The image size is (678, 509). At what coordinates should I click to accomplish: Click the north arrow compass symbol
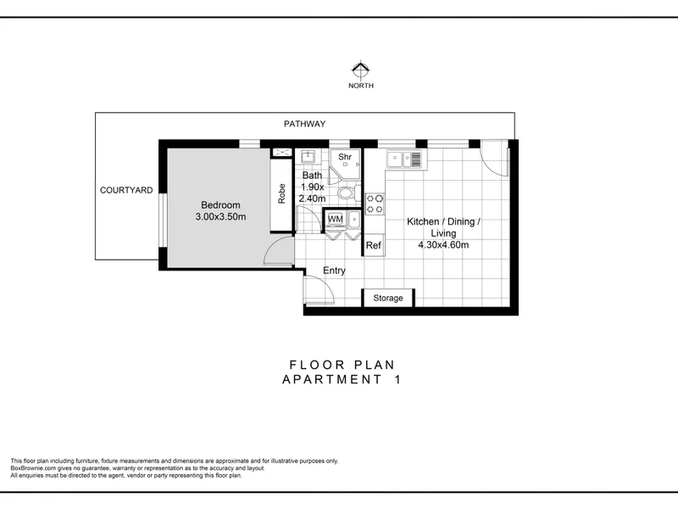pyautogui.click(x=361, y=70)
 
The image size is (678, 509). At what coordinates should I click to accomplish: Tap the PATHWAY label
pyautogui.click(x=304, y=124)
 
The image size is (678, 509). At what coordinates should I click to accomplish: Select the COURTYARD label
pyautogui.click(x=126, y=190)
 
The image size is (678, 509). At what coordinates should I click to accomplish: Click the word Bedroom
pyautogui.click(x=220, y=204)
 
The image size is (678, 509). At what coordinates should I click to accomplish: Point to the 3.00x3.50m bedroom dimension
pyautogui.click(x=220, y=217)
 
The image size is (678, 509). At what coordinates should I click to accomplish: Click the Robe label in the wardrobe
pyautogui.click(x=281, y=193)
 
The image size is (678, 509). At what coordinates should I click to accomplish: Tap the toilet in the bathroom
pyautogui.click(x=348, y=193)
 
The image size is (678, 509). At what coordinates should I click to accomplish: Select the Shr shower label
pyautogui.click(x=345, y=157)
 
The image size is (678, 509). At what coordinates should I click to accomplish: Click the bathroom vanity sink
pyautogui.click(x=308, y=156)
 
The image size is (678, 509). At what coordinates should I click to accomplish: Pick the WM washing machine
pyautogui.click(x=335, y=220)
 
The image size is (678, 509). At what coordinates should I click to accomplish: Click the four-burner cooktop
pyautogui.click(x=375, y=204)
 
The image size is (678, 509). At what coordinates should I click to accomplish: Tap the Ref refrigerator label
pyautogui.click(x=373, y=245)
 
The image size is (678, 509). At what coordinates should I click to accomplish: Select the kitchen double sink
pyautogui.click(x=404, y=159)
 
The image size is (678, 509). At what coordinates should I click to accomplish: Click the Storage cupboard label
pyautogui.click(x=388, y=298)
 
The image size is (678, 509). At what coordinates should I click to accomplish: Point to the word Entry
pyautogui.click(x=334, y=271)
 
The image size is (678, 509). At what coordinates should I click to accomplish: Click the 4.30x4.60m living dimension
pyautogui.click(x=443, y=245)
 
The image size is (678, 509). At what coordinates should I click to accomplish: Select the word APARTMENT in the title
pyautogui.click(x=331, y=379)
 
